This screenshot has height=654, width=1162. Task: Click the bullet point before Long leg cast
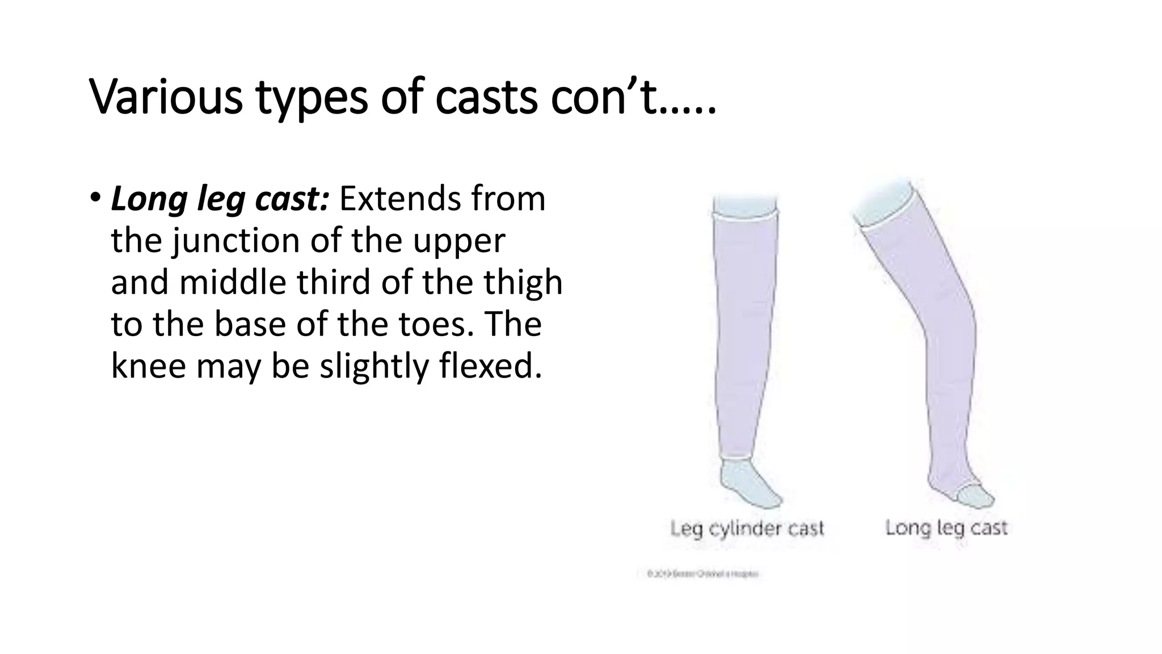95,198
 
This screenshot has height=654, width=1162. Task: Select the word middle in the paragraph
233,282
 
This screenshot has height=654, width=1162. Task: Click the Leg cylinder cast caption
747,529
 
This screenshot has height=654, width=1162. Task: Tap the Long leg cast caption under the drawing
946,528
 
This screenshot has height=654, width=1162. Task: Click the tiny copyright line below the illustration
702,574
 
